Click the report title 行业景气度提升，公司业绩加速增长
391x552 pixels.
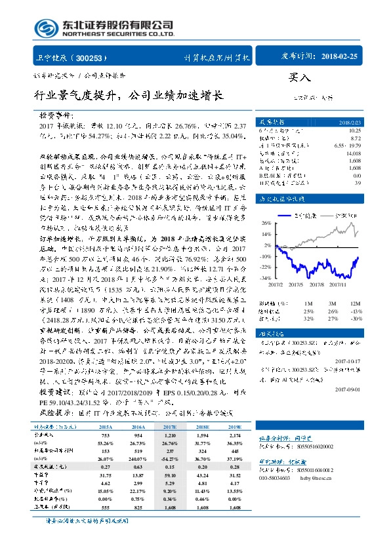(129, 96)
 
